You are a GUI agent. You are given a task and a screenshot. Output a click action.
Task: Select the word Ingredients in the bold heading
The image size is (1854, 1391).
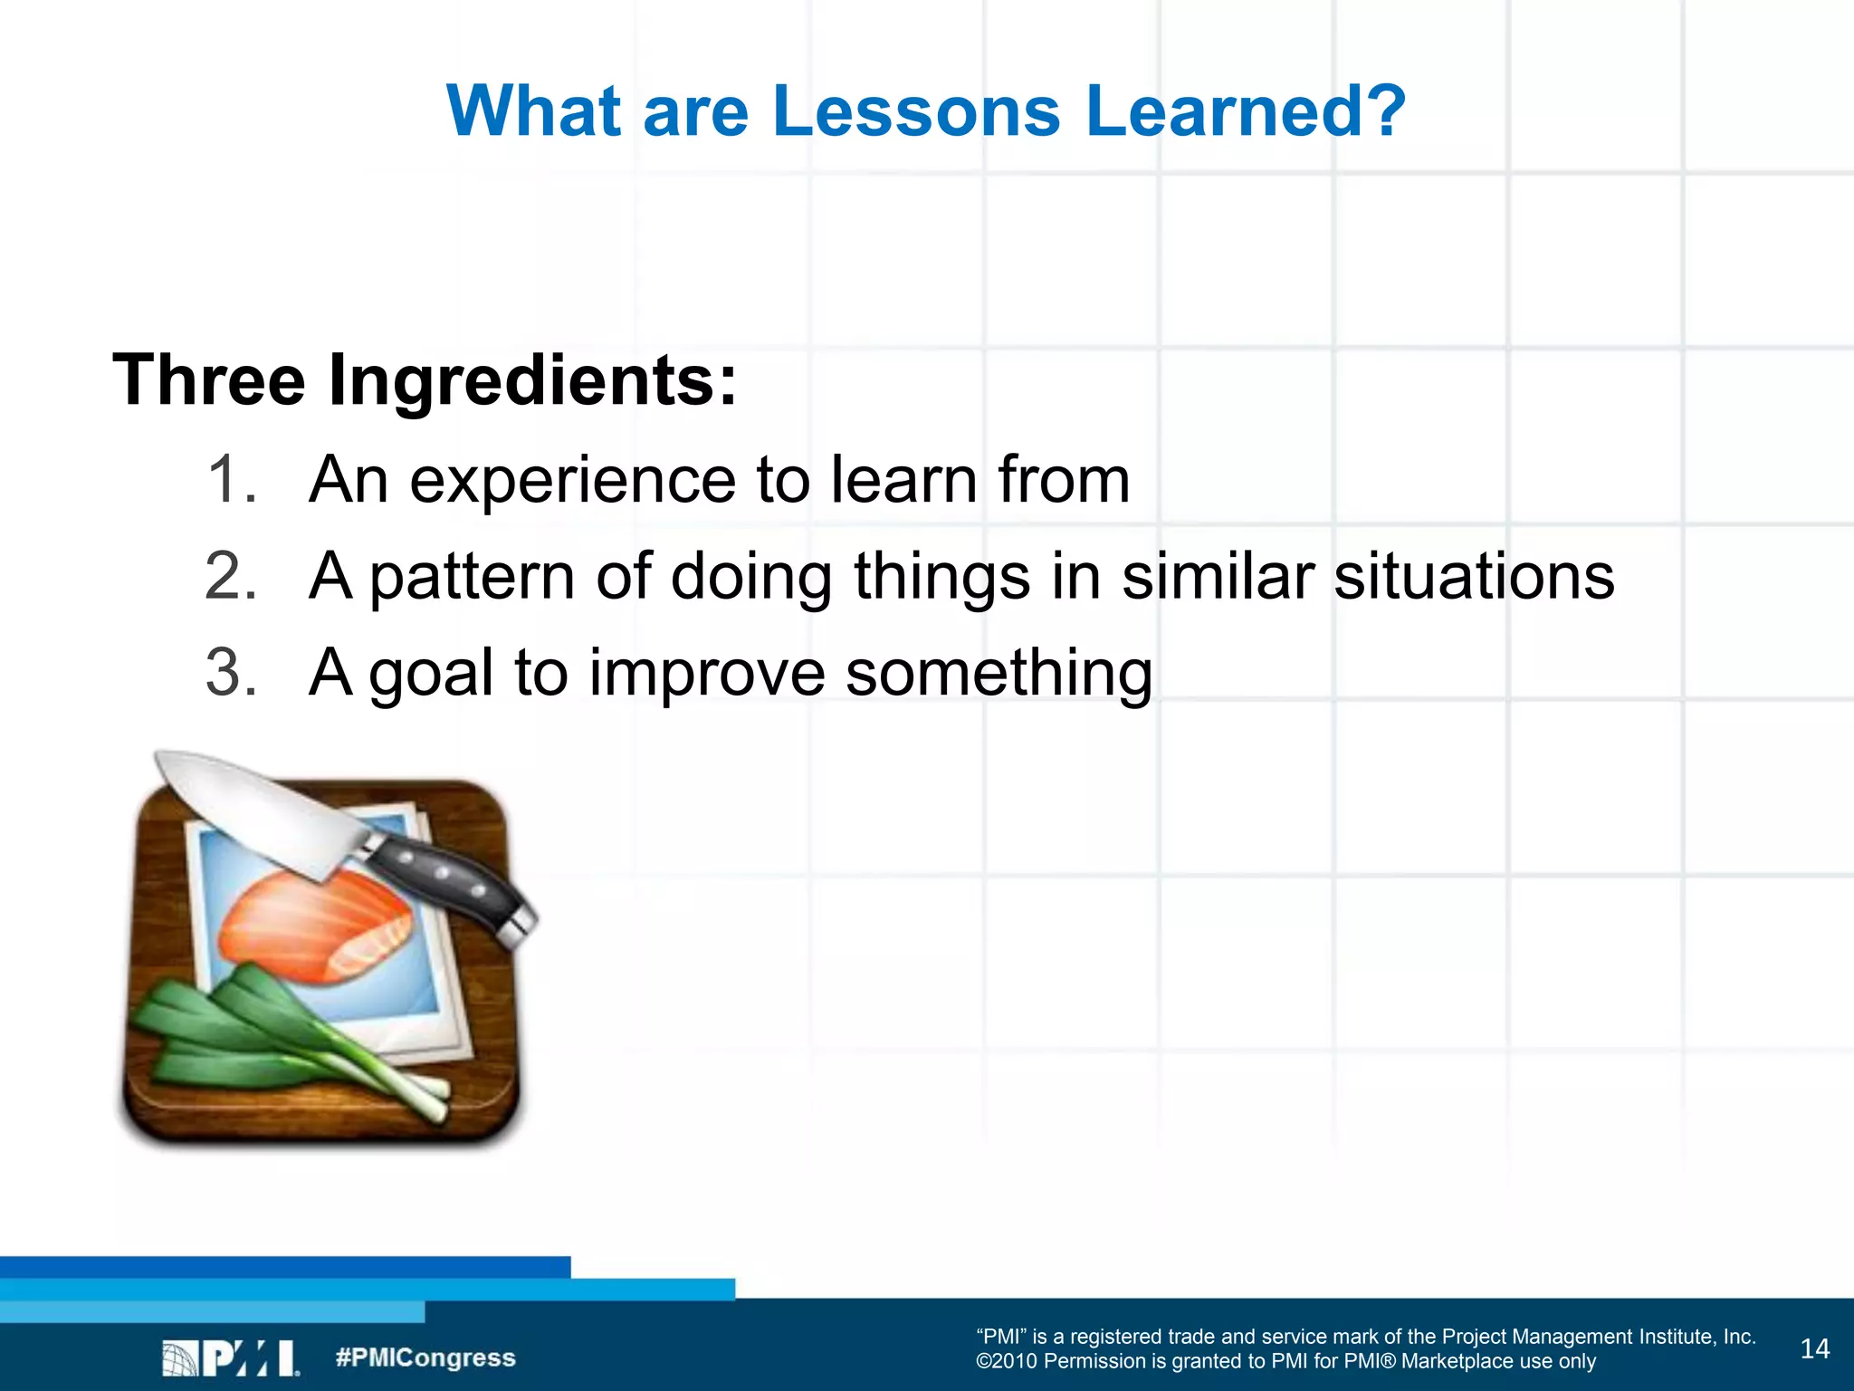coord(532,381)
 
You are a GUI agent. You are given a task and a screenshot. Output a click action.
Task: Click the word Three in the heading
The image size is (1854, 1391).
coord(209,379)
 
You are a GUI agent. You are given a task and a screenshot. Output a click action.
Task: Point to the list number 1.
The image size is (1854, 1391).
coord(229,479)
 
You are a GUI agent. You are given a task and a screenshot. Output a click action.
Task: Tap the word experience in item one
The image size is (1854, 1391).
coord(572,481)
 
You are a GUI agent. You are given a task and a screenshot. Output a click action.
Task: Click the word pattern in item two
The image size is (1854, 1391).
coord(472,578)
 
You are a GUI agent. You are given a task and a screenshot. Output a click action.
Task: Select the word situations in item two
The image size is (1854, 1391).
coord(1474,576)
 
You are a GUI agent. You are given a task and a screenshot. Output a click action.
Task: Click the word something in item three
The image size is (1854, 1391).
coord(999,675)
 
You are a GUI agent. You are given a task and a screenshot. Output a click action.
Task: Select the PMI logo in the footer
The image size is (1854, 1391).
coord(231,1357)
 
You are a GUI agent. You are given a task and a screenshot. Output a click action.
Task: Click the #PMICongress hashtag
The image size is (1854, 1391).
coord(425,1357)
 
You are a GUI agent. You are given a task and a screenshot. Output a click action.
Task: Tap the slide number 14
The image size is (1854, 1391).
coord(1814,1349)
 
